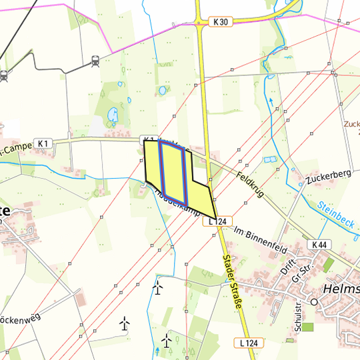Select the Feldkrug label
tap(251, 182)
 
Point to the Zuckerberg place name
tap(329, 175)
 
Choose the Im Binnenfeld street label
tap(260, 239)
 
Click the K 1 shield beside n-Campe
tap(44, 143)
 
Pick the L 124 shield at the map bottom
tap(249, 343)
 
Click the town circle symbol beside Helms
tap(313, 301)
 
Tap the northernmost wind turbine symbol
tap(158, 288)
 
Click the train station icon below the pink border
tap(95, 61)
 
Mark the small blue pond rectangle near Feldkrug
tap(269, 160)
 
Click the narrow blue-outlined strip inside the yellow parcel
tap(183, 177)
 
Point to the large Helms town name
tap(341, 289)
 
